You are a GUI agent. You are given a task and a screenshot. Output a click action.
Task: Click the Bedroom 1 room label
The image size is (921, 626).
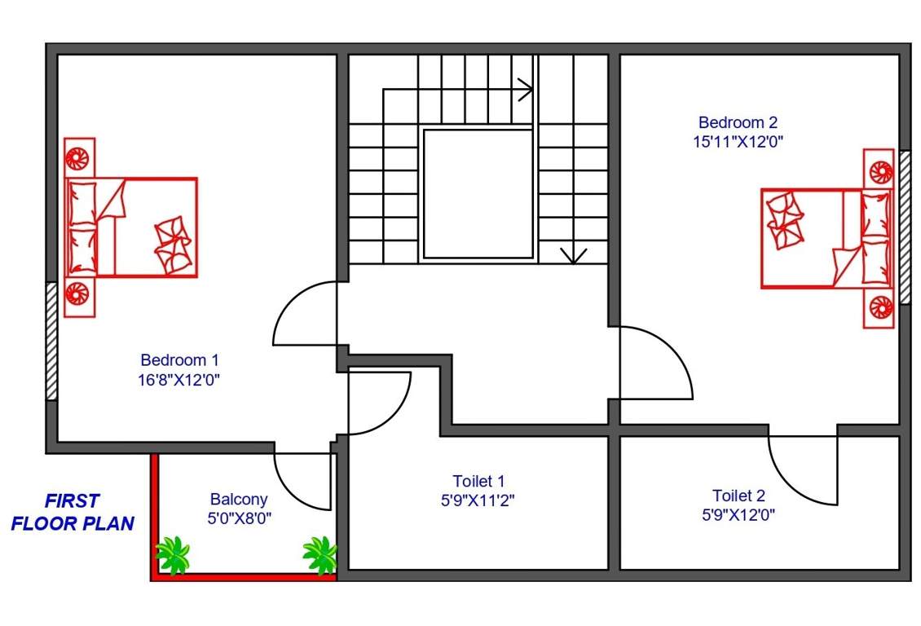(179, 359)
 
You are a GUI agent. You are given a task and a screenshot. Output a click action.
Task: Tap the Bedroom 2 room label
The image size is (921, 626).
(738, 122)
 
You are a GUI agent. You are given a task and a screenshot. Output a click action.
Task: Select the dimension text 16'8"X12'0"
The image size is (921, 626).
(179, 379)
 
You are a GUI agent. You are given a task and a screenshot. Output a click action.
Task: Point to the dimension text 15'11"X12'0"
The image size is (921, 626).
(737, 141)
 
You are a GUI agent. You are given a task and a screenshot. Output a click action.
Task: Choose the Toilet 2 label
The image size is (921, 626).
(738, 496)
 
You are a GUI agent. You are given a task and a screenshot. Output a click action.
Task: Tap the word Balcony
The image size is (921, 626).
(238, 499)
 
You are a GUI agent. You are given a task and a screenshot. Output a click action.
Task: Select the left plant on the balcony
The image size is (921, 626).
(173, 556)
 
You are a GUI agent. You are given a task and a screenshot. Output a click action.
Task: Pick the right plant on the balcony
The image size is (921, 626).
(319, 554)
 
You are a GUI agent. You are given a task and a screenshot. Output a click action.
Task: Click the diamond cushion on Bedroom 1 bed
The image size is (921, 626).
(174, 245)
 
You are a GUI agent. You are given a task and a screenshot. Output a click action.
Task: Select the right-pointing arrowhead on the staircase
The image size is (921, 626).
(526, 89)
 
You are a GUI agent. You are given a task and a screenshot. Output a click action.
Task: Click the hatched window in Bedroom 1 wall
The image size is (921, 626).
(51, 341)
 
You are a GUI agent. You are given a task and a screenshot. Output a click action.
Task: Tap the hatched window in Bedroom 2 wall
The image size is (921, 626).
(904, 227)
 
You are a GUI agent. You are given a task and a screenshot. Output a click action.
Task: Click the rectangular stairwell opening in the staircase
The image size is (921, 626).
(478, 193)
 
